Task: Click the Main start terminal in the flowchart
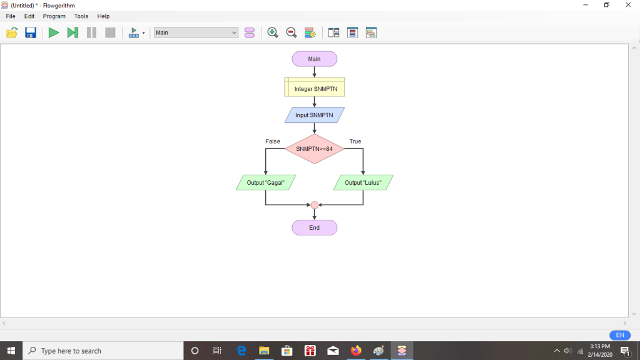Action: pyautogui.click(x=314, y=59)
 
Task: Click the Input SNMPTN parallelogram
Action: pyautogui.click(x=314, y=115)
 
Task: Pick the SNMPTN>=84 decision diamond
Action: pyautogui.click(x=314, y=149)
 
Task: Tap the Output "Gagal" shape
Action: pyautogui.click(x=265, y=183)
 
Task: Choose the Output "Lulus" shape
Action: pyautogui.click(x=363, y=183)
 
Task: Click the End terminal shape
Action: pyautogui.click(x=314, y=228)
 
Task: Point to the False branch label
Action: pyautogui.click(x=273, y=141)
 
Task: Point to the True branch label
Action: pyautogui.click(x=355, y=141)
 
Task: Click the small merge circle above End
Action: pyautogui.click(x=315, y=205)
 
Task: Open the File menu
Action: pyautogui.click(x=11, y=16)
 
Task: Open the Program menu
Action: pyautogui.click(x=54, y=16)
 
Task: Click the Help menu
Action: pyautogui.click(x=103, y=16)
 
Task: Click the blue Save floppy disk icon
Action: pyautogui.click(x=31, y=33)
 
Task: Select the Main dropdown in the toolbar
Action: pyautogui.click(x=196, y=33)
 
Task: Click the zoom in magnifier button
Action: pyautogui.click(x=272, y=33)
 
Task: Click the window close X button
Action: pyautogui.click(x=628, y=5)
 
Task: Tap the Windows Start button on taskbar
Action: pyautogui.click(x=11, y=351)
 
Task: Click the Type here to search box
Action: pyautogui.click(x=103, y=351)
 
